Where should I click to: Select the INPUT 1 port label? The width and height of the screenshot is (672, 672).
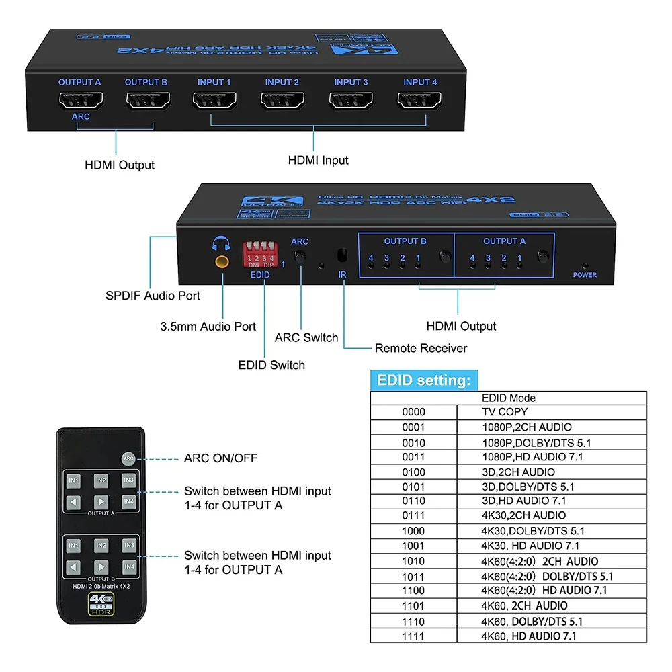point(214,82)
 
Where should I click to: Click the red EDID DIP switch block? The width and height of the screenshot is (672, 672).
point(261,254)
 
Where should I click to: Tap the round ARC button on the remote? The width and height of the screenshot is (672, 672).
point(128,458)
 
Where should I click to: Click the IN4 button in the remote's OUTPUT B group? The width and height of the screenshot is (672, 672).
point(129,566)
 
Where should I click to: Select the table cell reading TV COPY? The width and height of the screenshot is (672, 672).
point(505,412)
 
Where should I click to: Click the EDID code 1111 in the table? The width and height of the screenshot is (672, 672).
point(413,636)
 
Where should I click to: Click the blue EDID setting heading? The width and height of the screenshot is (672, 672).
point(423,380)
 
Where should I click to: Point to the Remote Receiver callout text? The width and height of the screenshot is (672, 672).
point(421,348)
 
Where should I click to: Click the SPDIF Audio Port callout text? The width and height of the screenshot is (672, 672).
point(153,295)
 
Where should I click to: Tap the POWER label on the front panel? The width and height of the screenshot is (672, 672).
point(585,275)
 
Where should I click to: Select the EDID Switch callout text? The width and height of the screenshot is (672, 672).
point(271,365)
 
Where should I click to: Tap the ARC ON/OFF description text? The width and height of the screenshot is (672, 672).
point(220,458)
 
